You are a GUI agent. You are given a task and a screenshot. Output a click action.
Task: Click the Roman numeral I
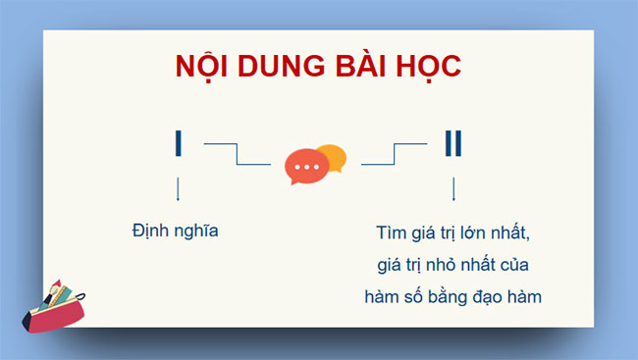178,143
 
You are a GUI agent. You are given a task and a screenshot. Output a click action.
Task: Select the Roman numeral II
452,143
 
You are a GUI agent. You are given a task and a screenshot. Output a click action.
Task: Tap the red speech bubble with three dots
306,167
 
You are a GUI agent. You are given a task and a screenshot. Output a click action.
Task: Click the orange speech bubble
333,157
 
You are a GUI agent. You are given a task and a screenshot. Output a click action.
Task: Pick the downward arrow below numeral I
178,188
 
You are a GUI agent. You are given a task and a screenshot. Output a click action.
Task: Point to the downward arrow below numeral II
452,188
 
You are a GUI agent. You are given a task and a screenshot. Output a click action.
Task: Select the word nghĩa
195,232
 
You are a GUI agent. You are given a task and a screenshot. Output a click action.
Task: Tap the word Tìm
391,233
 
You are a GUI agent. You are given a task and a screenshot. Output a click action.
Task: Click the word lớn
467,233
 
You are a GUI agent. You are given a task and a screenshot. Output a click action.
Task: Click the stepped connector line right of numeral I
237,154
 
